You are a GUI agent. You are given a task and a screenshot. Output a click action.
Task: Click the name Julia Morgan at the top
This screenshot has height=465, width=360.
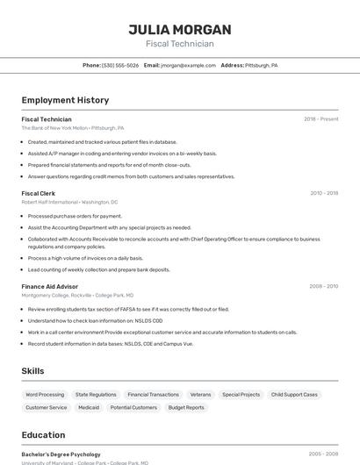click(180, 29)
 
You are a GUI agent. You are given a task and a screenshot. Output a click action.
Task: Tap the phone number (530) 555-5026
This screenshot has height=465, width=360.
click(120, 65)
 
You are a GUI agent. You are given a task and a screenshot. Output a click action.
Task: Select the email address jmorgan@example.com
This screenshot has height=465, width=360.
click(187, 65)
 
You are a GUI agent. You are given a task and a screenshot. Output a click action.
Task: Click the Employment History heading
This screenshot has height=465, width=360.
click(65, 100)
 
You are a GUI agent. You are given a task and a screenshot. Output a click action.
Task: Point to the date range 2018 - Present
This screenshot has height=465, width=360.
click(320, 118)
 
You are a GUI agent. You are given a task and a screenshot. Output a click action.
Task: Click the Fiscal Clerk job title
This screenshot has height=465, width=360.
click(39, 193)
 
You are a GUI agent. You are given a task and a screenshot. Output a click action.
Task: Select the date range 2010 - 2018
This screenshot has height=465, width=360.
click(323, 193)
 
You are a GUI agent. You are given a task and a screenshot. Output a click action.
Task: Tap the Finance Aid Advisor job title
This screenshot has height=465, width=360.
click(50, 286)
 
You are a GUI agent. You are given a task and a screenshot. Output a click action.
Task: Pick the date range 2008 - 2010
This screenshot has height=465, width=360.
click(323, 286)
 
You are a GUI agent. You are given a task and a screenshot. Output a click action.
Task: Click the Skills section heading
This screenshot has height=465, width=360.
click(33, 371)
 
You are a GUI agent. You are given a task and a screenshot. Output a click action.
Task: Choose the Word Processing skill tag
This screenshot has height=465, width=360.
click(45, 395)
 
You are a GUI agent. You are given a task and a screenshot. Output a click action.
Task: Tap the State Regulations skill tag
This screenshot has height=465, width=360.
click(96, 395)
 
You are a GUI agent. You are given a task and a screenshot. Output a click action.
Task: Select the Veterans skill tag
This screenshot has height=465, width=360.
click(200, 395)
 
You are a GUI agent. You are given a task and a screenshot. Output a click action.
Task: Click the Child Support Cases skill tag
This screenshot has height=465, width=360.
click(294, 395)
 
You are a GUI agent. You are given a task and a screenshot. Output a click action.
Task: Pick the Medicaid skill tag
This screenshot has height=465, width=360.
click(89, 407)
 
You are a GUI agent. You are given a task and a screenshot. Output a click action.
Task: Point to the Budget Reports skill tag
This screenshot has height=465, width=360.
click(186, 407)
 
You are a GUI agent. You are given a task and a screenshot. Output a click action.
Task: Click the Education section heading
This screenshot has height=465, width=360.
click(44, 435)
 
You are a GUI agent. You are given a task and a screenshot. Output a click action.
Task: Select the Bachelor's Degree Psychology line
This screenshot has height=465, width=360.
click(61, 454)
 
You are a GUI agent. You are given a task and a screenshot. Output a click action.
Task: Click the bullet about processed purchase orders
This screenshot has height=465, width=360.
click(75, 216)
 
